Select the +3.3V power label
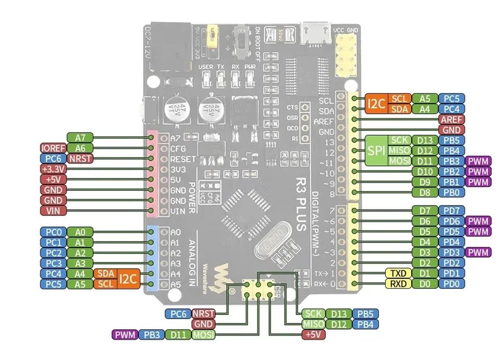point(53,169)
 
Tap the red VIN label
point(53,211)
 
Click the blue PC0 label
point(53,232)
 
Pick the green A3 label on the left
point(80,263)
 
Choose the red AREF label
point(450,119)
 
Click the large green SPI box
point(374,150)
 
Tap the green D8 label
point(425,193)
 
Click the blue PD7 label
point(451,211)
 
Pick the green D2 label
point(425,263)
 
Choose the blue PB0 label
point(451,193)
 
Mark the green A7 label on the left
point(80,137)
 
